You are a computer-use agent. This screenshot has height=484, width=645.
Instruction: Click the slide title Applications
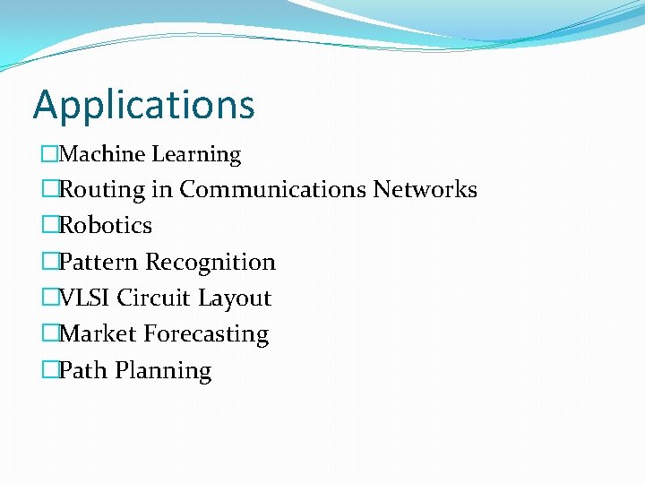(x=143, y=106)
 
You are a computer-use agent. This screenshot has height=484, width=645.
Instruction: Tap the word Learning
(x=196, y=155)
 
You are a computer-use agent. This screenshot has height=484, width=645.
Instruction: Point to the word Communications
(x=272, y=189)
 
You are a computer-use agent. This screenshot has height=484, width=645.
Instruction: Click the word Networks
(x=425, y=189)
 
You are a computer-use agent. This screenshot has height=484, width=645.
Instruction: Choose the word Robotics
(x=106, y=225)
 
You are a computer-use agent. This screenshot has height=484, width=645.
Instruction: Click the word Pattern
(x=99, y=262)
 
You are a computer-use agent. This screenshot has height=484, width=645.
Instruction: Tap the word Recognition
(x=211, y=263)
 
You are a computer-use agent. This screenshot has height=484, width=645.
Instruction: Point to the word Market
(x=98, y=333)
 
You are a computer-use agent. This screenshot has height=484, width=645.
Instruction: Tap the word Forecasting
(x=206, y=334)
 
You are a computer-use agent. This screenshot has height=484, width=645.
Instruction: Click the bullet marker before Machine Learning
(x=50, y=154)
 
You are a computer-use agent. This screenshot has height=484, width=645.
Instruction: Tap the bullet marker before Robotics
(x=50, y=225)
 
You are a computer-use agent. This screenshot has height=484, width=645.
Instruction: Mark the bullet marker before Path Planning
(x=50, y=370)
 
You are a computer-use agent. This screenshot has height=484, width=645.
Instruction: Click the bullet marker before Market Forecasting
(x=50, y=333)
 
